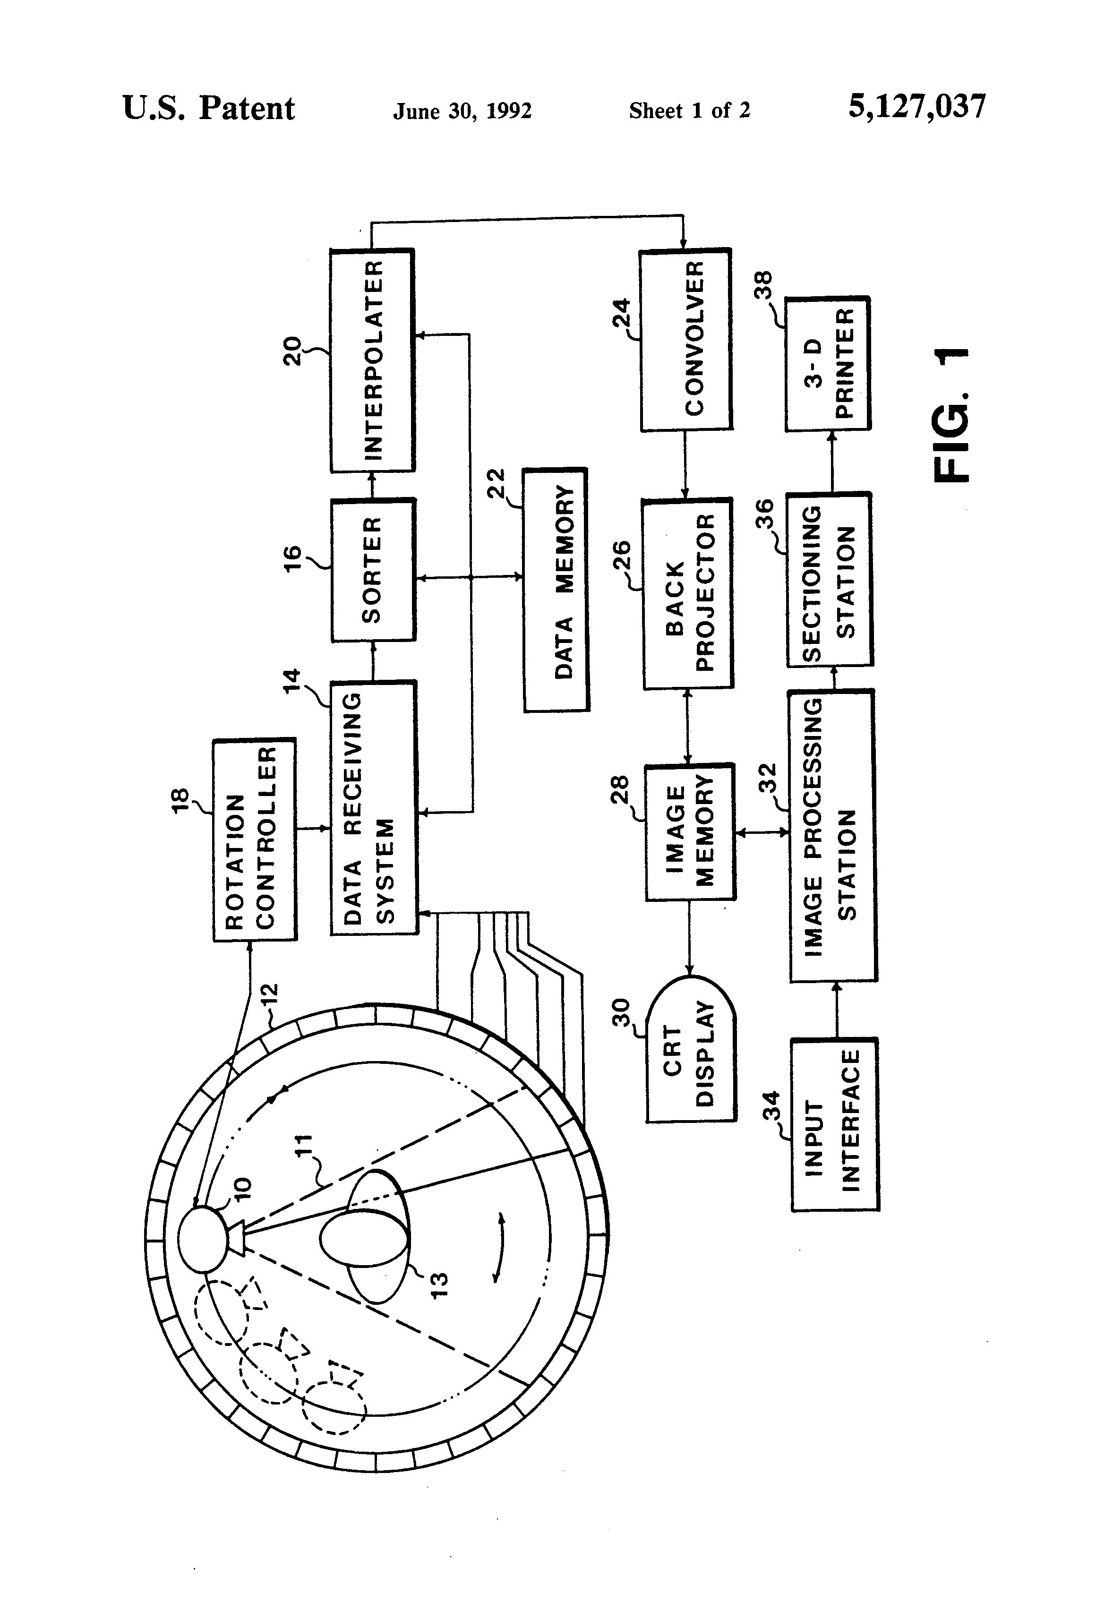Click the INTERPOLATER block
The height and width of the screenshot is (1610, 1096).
point(372,360)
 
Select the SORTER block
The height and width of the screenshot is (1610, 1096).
point(373,569)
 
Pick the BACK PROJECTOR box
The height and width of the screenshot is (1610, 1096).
point(687,593)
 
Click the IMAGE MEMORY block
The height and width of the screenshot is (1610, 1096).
point(690,832)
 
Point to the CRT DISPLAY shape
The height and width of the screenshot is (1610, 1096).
point(690,1049)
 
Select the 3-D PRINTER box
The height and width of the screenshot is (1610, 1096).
point(827,364)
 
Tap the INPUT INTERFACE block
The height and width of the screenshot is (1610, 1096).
point(835,1124)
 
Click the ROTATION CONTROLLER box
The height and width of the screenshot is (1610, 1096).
point(254,839)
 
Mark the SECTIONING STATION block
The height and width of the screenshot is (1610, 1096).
point(829,580)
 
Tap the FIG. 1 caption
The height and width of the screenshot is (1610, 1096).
point(950,414)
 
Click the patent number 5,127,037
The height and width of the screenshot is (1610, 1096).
point(916,107)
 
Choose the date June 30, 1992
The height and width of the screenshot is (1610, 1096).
point(462,111)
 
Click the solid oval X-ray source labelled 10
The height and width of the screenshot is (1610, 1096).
point(202,1239)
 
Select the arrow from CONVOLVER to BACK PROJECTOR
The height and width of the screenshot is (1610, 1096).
point(685,463)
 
